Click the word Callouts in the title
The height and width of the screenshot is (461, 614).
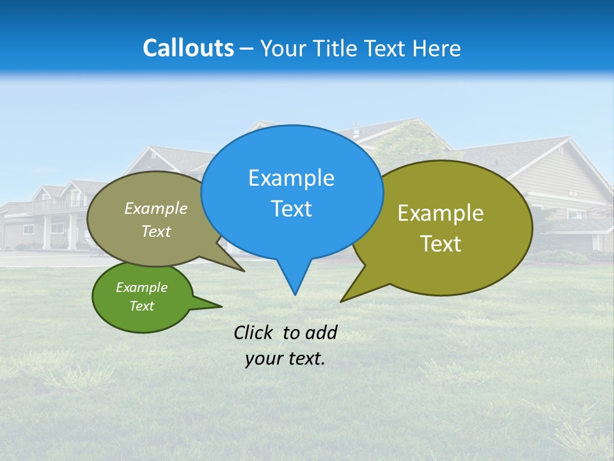[188, 48]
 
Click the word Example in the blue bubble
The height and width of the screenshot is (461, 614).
[291, 178]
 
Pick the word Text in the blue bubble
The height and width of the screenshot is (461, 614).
[291, 208]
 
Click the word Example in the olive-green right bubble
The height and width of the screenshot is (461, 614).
[441, 213]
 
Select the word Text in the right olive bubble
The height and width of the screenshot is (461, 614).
[441, 243]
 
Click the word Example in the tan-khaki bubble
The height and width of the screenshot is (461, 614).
[156, 208]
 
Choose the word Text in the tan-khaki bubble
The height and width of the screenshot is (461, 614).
[156, 231]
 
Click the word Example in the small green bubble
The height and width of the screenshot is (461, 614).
[141, 287]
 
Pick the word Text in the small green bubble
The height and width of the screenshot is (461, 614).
[141, 306]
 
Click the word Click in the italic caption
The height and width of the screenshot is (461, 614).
[255, 332]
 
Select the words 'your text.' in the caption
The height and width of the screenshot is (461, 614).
[285, 359]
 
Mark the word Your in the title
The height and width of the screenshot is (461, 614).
[281, 48]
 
